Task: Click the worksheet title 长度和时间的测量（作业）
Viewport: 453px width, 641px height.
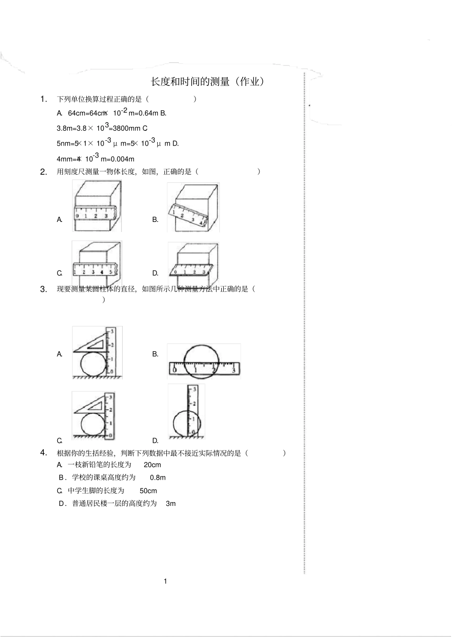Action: pos(207,82)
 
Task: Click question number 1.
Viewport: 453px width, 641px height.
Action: pos(43,99)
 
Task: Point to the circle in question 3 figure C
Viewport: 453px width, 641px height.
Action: pos(93,424)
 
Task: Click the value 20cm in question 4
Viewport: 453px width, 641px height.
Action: pos(152,465)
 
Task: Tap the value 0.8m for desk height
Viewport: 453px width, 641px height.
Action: pos(158,478)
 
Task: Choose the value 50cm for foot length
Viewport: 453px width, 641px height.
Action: pos(148,491)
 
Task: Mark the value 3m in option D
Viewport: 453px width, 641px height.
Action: pos(171,504)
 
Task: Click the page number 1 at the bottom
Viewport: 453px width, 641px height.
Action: pos(165,581)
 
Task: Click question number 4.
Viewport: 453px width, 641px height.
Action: pos(43,452)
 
